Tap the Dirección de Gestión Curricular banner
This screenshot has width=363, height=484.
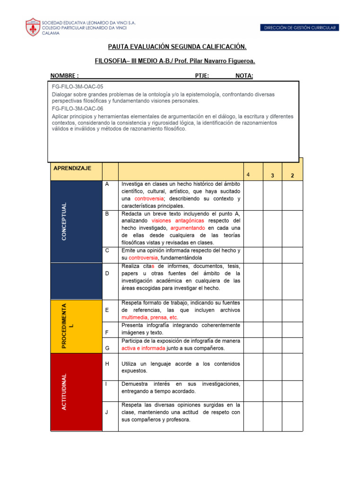click(300, 28)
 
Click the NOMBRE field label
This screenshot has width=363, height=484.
click(64, 76)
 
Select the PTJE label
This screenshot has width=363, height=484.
click(202, 76)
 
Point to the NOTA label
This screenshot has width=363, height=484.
click(244, 76)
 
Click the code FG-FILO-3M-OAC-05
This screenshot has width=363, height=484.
click(78, 87)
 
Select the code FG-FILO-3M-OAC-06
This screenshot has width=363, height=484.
click(78, 109)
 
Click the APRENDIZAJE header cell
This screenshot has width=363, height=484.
click(72, 168)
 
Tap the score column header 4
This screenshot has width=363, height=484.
click(248, 175)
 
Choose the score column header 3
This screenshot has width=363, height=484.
click(273, 176)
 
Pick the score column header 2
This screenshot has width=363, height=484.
click(292, 176)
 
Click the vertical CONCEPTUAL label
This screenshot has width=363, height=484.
click(64, 221)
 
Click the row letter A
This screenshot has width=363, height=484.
click(107, 184)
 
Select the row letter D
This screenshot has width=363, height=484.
click(107, 274)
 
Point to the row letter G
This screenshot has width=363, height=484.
click(107, 348)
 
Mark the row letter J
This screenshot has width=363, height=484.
click(107, 412)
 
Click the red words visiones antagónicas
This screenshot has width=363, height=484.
click(178, 221)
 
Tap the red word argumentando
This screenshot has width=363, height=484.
click(188, 228)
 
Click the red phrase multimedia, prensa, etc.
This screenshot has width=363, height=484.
click(149, 318)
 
